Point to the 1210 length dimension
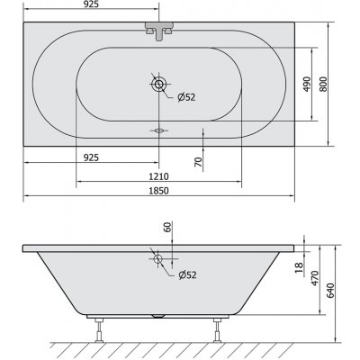click(x=158, y=175)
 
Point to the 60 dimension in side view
click(x=167, y=227)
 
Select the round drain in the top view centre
click(x=158, y=86)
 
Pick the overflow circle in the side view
click(x=158, y=260)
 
